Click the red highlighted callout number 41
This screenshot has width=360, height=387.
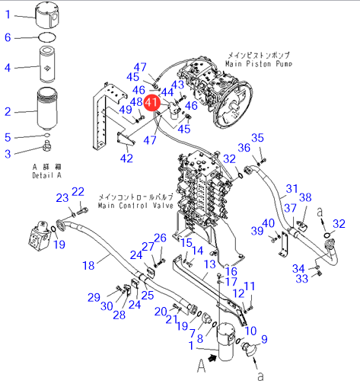coord(152,103)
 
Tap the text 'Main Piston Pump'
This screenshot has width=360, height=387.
coord(259,63)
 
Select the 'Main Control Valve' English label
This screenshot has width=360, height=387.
coord(135,205)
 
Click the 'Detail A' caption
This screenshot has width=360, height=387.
coord(46,175)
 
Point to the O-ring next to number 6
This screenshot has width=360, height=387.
coord(47,37)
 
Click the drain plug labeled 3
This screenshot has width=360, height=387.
coord(47,146)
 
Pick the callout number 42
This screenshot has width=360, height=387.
coord(126,158)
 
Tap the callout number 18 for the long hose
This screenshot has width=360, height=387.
coord(88,266)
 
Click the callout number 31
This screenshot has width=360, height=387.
coord(292,189)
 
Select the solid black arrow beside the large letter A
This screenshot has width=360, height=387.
coord(212,358)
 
